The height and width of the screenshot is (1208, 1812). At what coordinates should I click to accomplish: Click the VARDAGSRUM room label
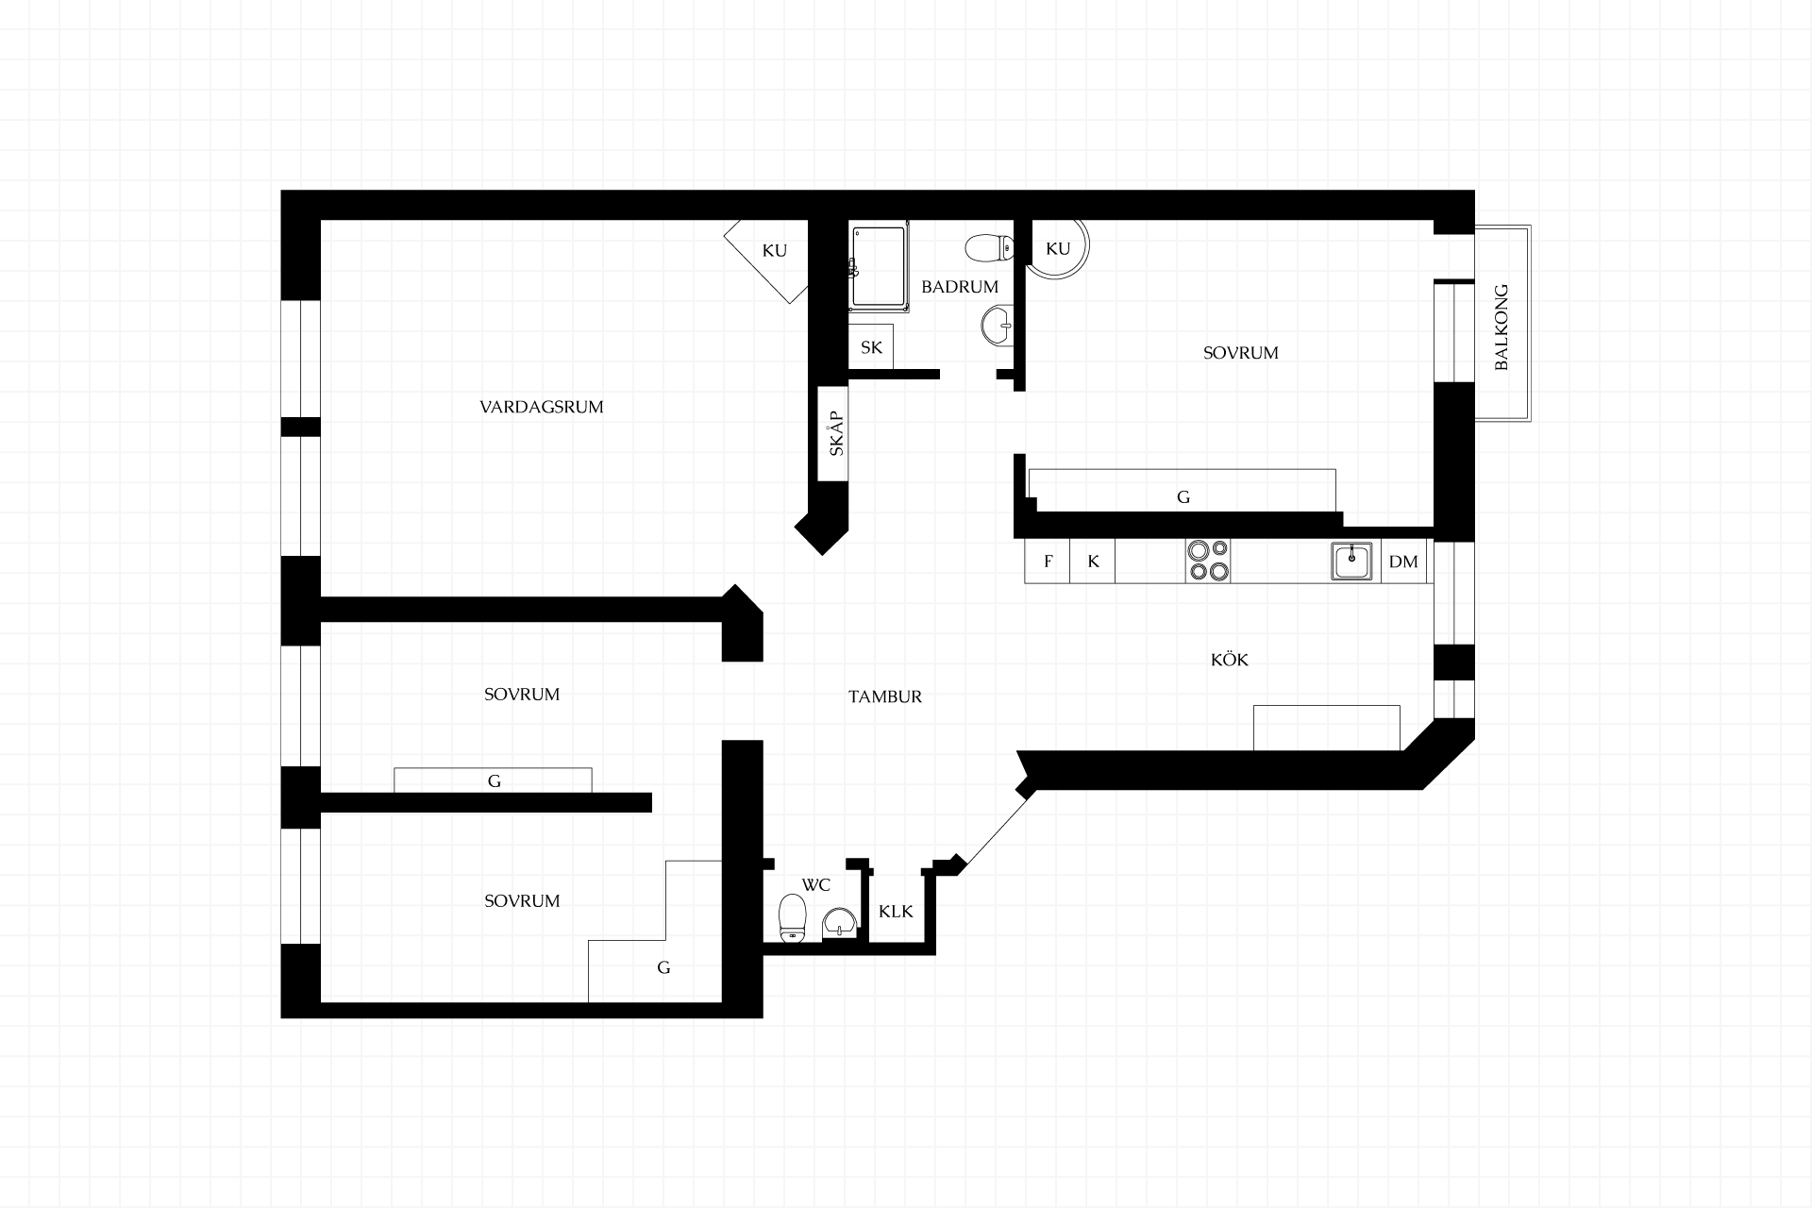[x=541, y=408]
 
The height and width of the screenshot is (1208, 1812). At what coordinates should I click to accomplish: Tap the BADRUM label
[x=960, y=287]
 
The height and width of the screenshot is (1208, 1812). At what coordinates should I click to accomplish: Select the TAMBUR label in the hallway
[x=884, y=697]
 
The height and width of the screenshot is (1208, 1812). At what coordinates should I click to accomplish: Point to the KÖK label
[x=1229, y=659]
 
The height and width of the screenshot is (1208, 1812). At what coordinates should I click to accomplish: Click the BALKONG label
[x=1502, y=327]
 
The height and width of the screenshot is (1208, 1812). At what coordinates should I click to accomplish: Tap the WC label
[x=815, y=885]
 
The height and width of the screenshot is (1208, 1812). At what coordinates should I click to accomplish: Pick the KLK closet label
[x=896, y=912]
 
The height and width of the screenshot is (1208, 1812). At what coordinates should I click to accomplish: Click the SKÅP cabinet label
[x=836, y=434]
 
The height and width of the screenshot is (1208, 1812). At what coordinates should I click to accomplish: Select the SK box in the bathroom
[x=871, y=347]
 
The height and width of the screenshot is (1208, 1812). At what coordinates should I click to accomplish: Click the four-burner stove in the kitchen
[x=1208, y=561]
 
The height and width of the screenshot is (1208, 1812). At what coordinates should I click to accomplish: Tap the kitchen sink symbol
[x=1352, y=561]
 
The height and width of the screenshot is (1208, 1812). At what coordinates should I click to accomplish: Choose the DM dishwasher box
[x=1403, y=562]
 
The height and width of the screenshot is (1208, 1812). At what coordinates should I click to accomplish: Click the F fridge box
[x=1048, y=562]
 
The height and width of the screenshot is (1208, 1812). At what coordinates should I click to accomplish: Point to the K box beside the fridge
[x=1093, y=562]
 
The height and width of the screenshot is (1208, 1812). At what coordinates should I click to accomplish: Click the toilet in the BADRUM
[x=989, y=248]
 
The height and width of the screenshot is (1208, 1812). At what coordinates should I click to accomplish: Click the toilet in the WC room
[x=792, y=917]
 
